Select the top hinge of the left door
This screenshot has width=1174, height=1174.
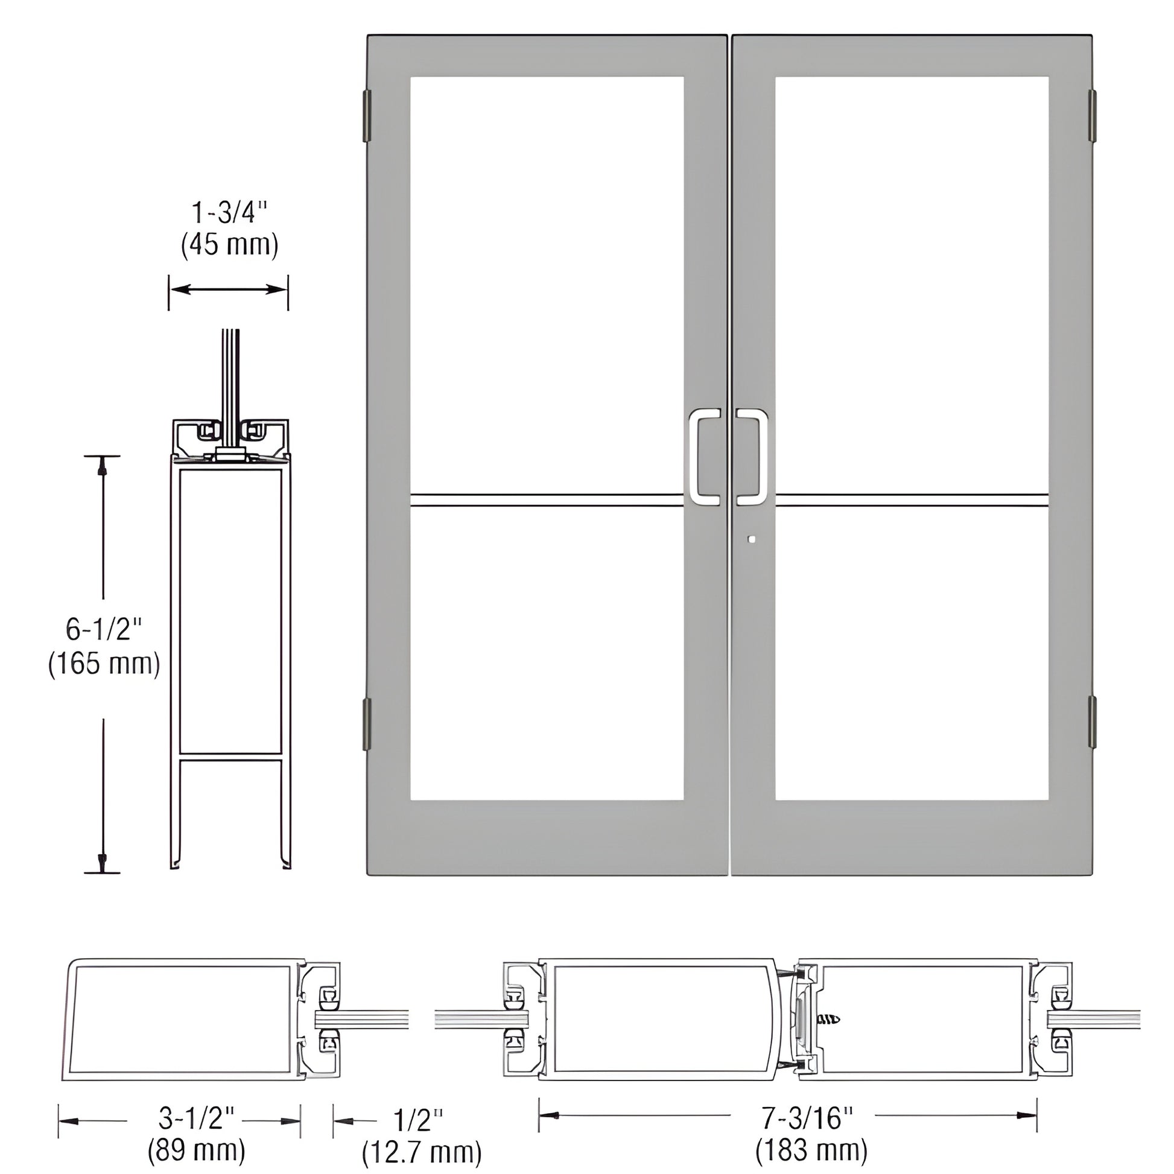point(366,116)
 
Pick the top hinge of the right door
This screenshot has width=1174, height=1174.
point(1092,116)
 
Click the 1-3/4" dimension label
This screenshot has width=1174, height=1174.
point(230,214)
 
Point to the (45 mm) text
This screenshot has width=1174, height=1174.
point(230,245)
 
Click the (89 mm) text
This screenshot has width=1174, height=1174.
point(196,1150)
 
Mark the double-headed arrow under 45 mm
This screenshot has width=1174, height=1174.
point(228,289)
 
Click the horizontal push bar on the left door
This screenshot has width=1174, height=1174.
point(547,500)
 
